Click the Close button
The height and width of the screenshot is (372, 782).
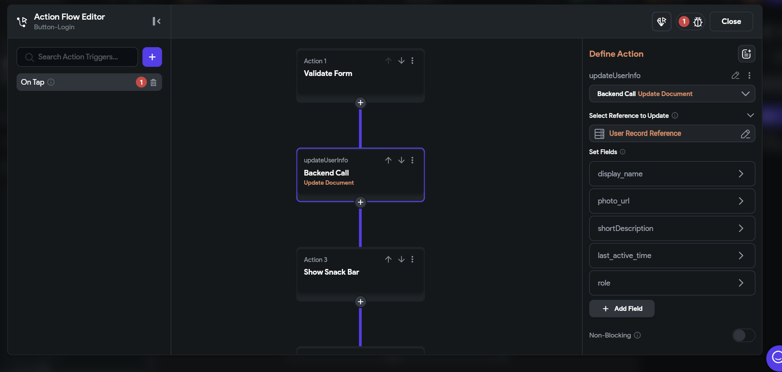pos(731,21)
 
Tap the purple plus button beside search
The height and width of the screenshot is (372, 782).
pos(152,57)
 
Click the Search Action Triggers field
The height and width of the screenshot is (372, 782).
pos(77,57)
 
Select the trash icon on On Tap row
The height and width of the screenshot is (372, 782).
pos(153,82)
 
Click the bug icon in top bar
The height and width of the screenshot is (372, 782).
pos(698,21)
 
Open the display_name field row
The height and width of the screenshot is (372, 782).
pos(672,174)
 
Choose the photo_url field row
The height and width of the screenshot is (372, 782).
pos(672,201)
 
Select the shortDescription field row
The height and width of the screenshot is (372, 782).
pos(672,228)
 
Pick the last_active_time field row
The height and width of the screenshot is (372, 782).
pos(672,255)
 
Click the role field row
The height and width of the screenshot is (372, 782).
pos(672,283)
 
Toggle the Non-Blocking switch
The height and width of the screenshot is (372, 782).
pos(744,335)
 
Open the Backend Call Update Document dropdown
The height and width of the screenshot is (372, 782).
pos(672,94)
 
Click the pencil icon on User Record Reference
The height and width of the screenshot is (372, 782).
pos(745,134)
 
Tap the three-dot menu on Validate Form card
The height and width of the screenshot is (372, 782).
pos(412,61)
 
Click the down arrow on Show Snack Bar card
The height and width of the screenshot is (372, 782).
pos(401,259)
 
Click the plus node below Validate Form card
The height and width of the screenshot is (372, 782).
pos(360,103)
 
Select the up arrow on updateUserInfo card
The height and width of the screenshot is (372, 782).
pos(388,160)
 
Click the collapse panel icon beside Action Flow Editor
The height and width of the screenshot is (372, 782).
pos(156,21)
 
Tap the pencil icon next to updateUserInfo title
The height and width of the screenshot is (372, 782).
pos(735,76)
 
